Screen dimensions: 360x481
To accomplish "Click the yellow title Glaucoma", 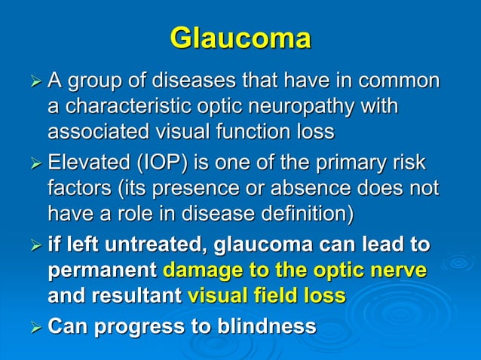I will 240,38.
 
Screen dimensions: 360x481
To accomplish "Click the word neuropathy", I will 320,106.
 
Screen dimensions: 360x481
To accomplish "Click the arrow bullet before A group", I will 32,81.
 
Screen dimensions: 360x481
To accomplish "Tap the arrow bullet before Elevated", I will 32,164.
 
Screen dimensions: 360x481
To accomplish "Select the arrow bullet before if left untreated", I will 32,246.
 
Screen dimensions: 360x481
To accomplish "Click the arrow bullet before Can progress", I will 32,328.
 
